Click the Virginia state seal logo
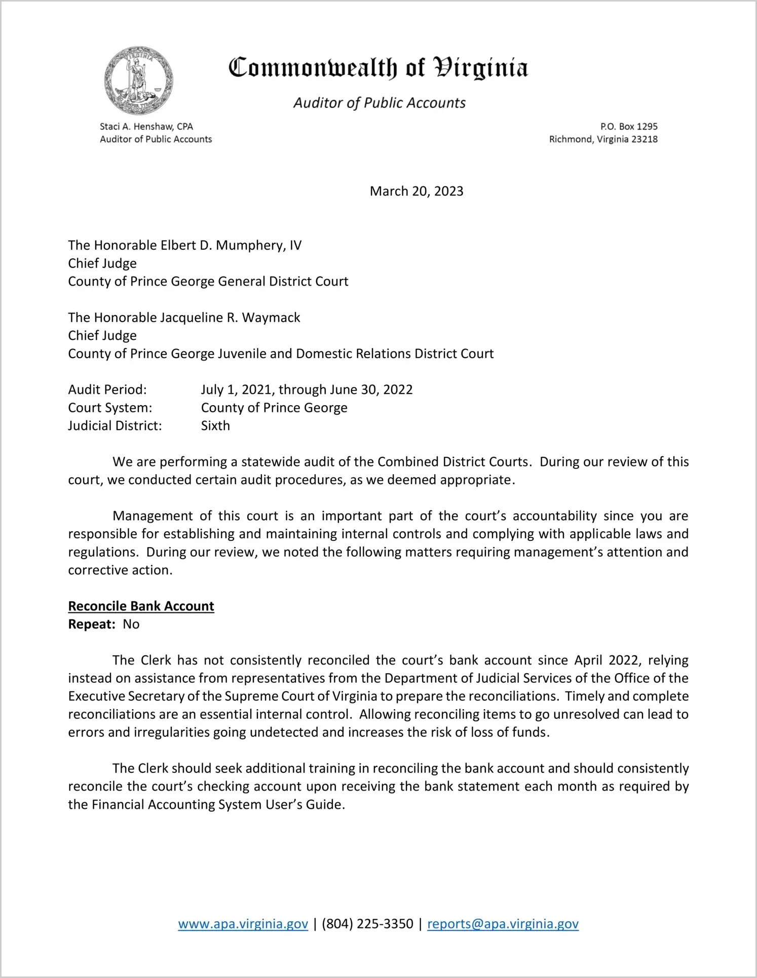coord(138,81)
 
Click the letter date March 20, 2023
coord(416,191)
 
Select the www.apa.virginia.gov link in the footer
coord(243,924)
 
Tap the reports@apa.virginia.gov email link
coord(503,924)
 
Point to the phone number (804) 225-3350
coord(367,924)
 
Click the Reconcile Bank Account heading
coord(141,606)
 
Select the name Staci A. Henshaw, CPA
coord(146,127)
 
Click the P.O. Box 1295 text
coord(629,127)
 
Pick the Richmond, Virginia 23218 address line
coord(603,139)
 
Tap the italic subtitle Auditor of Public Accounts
coord(379,103)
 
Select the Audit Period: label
coord(107,389)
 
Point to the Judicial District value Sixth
coord(215,425)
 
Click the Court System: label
coord(110,408)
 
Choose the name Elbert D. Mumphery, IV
coord(231,246)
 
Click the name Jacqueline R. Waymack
coord(230,318)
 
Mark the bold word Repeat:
coord(92,624)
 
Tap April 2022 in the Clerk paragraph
coord(606,660)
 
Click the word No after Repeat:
coord(131,624)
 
